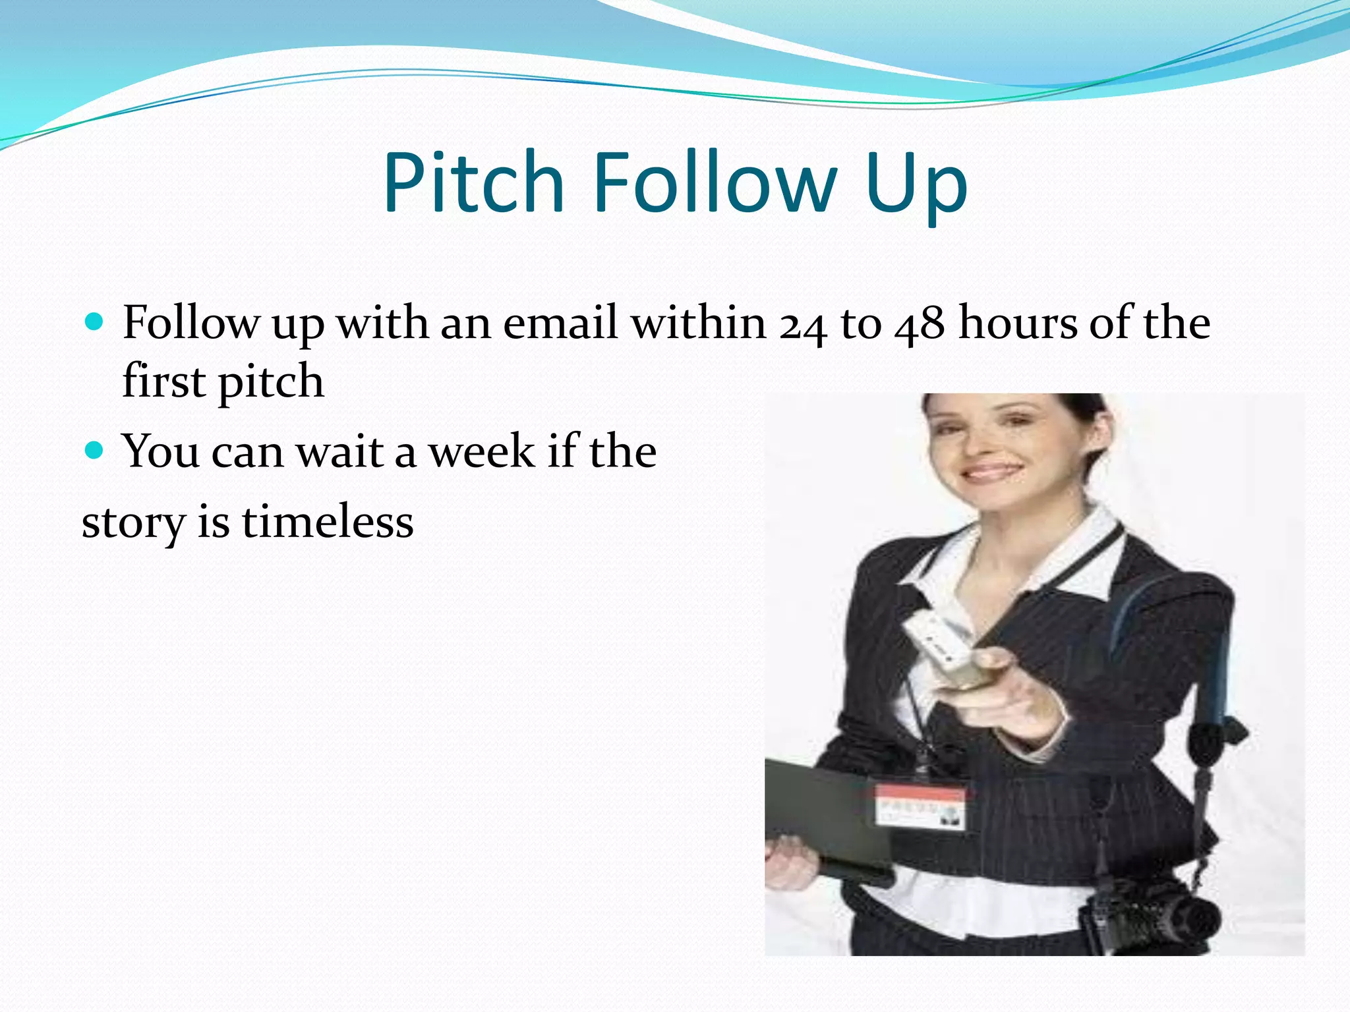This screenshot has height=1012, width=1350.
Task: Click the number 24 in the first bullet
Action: (803, 325)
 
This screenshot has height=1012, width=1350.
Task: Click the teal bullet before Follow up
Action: (95, 322)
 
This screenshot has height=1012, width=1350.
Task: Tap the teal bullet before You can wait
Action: (95, 451)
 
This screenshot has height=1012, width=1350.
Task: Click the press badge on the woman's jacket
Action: (920, 805)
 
